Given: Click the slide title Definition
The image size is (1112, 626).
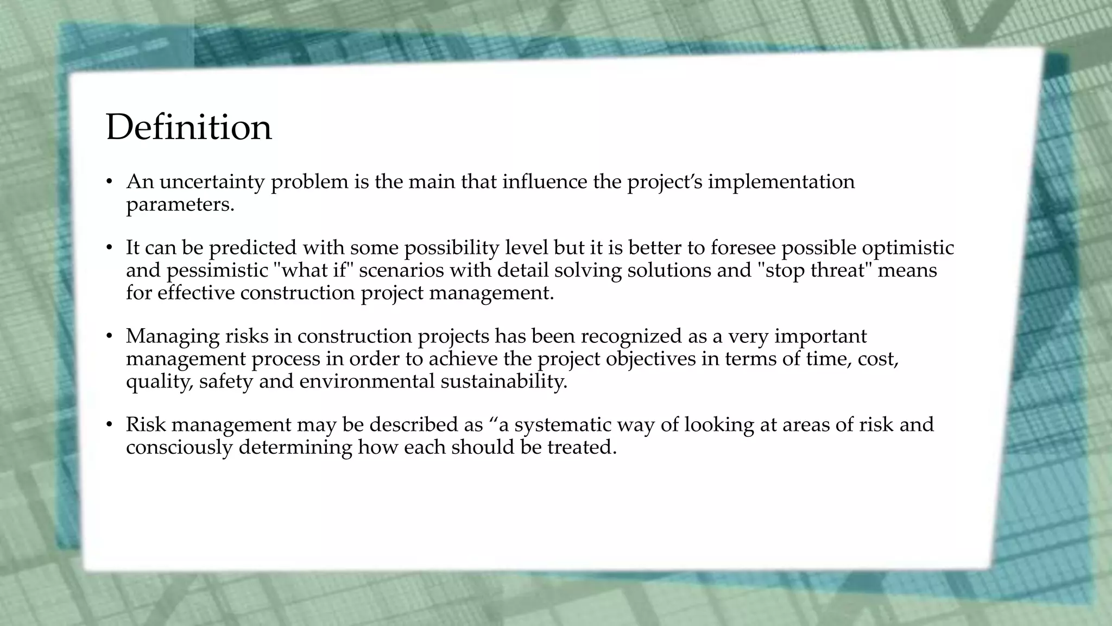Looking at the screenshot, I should tap(188, 127).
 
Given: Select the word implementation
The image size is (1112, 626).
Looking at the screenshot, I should tap(781, 181).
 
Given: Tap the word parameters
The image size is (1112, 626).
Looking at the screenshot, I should tap(180, 205).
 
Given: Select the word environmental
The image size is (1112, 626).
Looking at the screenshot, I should tap(367, 381).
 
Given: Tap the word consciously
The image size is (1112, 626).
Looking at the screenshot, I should tap(179, 448).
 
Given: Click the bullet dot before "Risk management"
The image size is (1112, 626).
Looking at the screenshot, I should tap(109, 425).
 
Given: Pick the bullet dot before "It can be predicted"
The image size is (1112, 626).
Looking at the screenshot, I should tap(109, 248).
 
